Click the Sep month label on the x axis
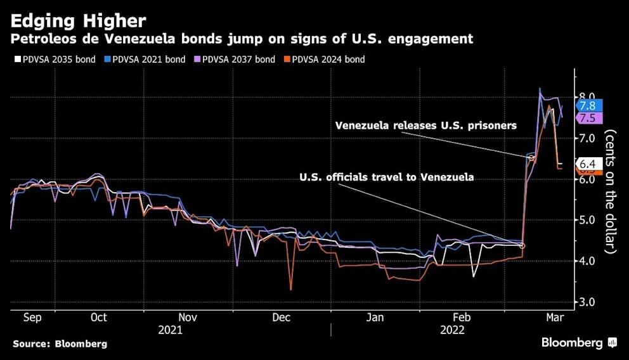tap(32, 317)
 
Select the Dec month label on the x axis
tap(281, 317)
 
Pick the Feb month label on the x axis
tap(462, 317)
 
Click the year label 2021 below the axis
tap(171, 330)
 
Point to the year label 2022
tap(452, 330)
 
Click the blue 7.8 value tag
tap(588, 106)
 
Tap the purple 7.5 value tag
tap(588, 118)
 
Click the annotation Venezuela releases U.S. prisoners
tap(425, 125)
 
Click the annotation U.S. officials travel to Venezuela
tap(386, 177)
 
